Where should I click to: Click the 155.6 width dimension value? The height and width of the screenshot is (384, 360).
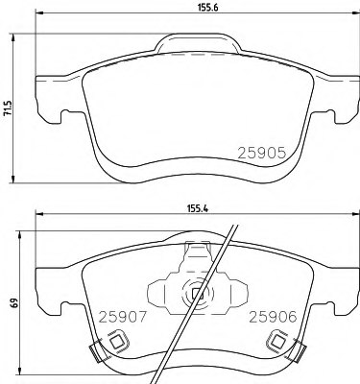tap(207, 8)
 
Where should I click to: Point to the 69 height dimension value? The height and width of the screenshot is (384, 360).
tap(14, 302)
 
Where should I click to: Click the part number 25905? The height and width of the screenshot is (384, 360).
tap(261, 154)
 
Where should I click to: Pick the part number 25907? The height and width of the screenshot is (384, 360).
tap(123, 317)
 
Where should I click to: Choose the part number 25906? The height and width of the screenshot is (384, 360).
tap(274, 317)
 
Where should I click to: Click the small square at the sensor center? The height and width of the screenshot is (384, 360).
tap(196, 293)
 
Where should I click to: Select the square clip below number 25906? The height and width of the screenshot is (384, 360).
tap(276, 342)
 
